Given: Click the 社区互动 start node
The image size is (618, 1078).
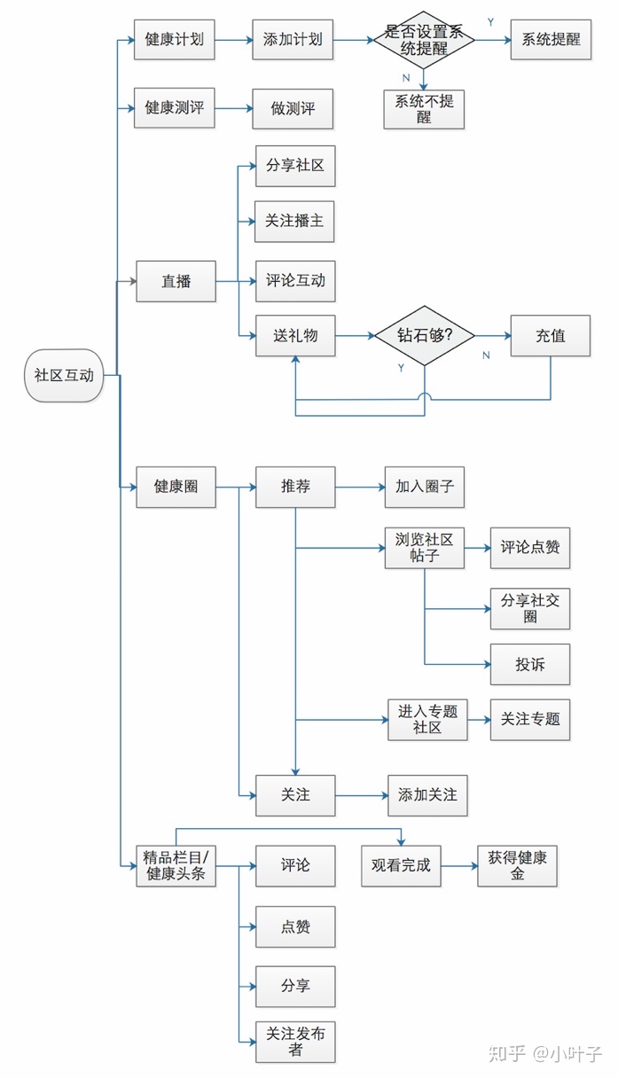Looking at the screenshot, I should [x=64, y=375].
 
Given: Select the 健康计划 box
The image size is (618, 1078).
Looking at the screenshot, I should [x=174, y=40].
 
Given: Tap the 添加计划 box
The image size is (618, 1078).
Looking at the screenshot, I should [x=293, y=40].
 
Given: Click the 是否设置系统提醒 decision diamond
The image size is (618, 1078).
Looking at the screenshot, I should [x=424, y=40].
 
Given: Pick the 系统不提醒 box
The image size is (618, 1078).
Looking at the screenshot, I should [x=424, y=108].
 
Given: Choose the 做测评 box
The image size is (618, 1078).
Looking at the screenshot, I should [x=293, y=109].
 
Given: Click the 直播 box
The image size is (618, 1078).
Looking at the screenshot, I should [x=176, y=282].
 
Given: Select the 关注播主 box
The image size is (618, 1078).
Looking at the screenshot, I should [x=295, y=221].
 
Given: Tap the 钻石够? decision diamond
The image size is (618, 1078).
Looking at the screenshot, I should [x=424, y=336].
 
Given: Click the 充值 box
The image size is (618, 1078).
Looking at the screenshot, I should [x=550, y=336].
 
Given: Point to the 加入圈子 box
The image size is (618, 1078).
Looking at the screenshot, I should [x=424, y=487].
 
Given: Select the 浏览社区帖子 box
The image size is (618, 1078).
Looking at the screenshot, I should [x=424, y=548].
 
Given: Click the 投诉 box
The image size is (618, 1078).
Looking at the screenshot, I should [x=530, y=664].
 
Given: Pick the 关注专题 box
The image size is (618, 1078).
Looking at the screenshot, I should [x=530, y=719].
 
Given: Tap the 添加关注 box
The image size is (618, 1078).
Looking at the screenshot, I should [x=427, y=795].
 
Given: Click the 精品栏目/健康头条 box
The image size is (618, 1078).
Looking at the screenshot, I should [x=175, y=865].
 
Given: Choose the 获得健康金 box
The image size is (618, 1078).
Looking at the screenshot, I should [x=517, y=865].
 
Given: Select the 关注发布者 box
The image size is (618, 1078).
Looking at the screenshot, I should [x=295, y=1042].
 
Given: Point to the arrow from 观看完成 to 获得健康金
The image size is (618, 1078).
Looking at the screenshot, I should [x=459, y=865].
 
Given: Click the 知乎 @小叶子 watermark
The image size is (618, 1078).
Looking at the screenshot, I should [x=545, y=1053].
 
